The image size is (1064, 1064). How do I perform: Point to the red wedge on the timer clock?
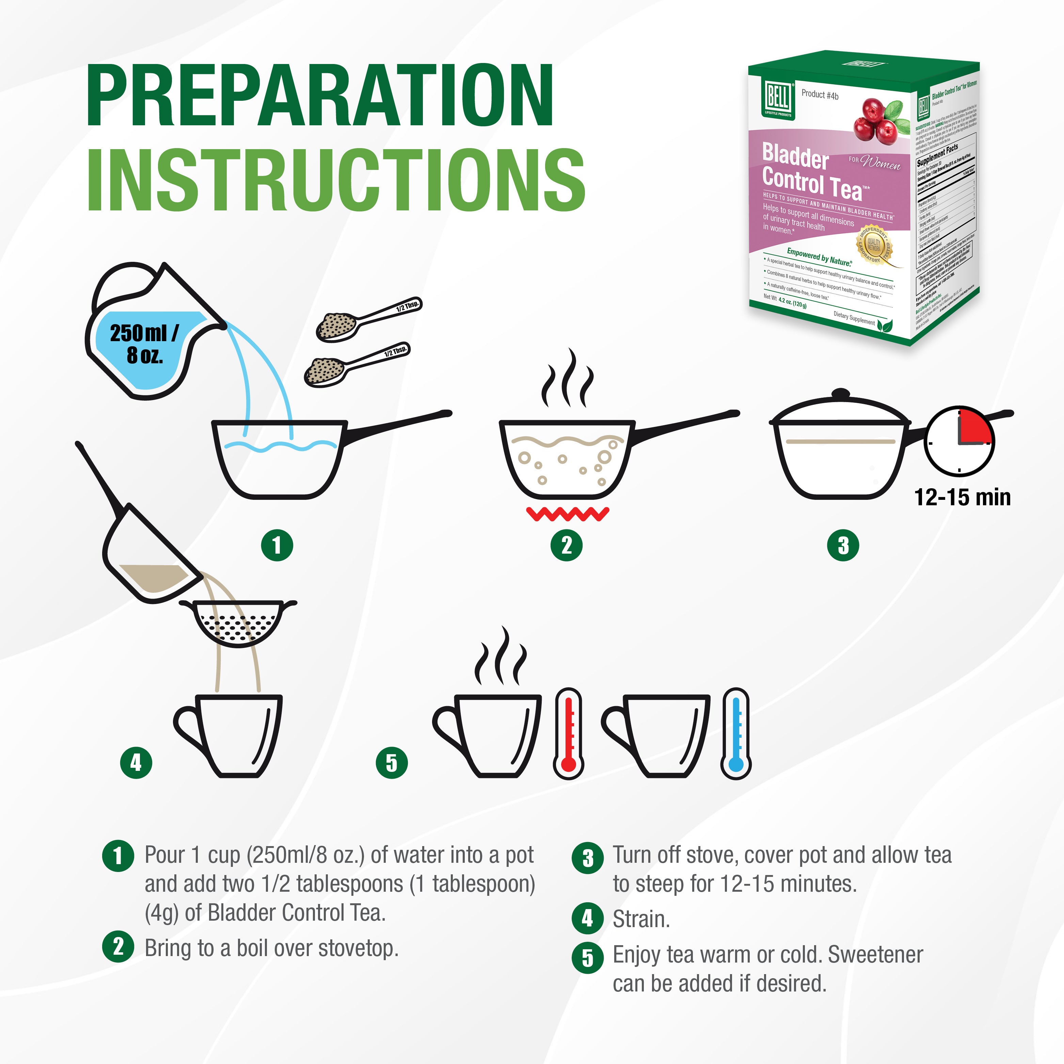tap(974, 427)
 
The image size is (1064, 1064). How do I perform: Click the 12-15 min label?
tap(962, 497)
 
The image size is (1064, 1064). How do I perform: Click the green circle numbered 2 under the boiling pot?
tap(566, 545)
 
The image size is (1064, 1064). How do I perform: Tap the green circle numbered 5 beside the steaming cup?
tap(392, 763)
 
